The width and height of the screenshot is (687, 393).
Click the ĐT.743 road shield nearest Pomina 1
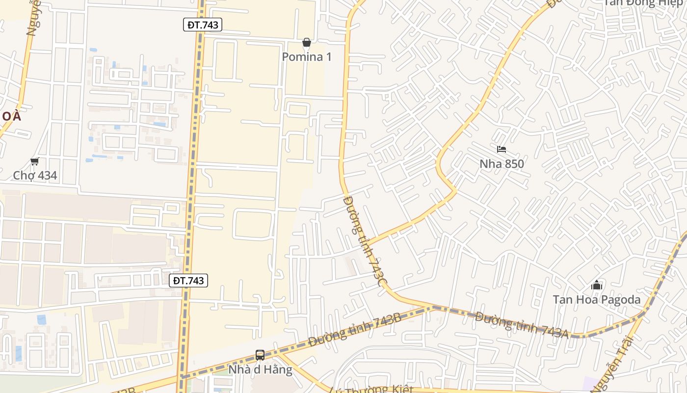point(203,25)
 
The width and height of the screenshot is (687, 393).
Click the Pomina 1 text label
point(307,57)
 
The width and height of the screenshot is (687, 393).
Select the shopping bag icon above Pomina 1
point(307,43)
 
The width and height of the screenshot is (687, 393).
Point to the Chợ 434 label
point(35,175)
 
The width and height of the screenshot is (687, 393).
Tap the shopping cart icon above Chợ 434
point(34,162)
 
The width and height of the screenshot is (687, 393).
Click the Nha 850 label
point(502,164)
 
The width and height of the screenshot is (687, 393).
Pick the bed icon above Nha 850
point(501,149)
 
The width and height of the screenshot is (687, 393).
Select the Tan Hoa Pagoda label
point(596,300)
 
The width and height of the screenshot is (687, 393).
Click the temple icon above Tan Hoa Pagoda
point(597,285)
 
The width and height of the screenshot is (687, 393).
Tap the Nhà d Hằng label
point(260,369)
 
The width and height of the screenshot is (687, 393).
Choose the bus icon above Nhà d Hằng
point(260,355)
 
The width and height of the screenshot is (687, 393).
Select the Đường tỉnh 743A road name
point(521,325)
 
